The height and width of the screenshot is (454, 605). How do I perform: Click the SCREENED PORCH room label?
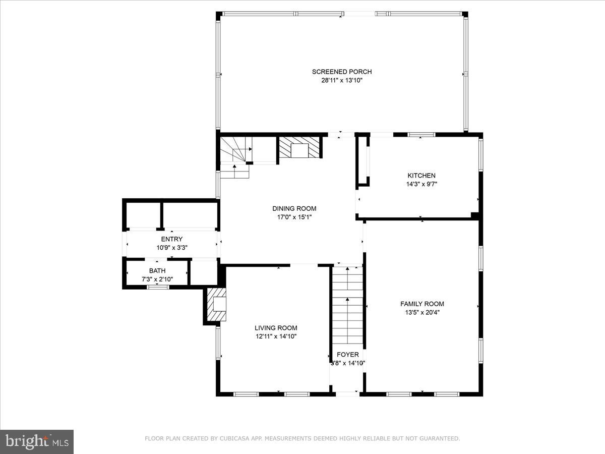342,72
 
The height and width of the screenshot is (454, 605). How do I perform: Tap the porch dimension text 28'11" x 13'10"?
342,80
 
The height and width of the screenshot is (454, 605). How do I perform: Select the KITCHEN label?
421,176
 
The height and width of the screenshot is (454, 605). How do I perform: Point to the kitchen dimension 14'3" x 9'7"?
421,184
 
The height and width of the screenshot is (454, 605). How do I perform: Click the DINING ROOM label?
294,208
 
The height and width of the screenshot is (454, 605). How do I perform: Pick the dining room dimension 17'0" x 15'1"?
294,217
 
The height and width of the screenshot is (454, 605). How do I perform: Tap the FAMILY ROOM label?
422,304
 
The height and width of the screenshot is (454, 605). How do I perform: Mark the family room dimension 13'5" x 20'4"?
422,312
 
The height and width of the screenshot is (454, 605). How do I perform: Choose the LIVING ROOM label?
276,327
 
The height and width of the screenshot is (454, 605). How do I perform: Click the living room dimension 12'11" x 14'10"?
276,336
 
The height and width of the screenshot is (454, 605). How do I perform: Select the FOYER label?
348,355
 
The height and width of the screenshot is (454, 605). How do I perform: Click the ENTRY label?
172,239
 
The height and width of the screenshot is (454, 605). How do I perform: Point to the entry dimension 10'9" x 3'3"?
172,248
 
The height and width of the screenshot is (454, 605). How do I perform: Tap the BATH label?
157,271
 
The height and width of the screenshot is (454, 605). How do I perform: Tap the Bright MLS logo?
37,441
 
